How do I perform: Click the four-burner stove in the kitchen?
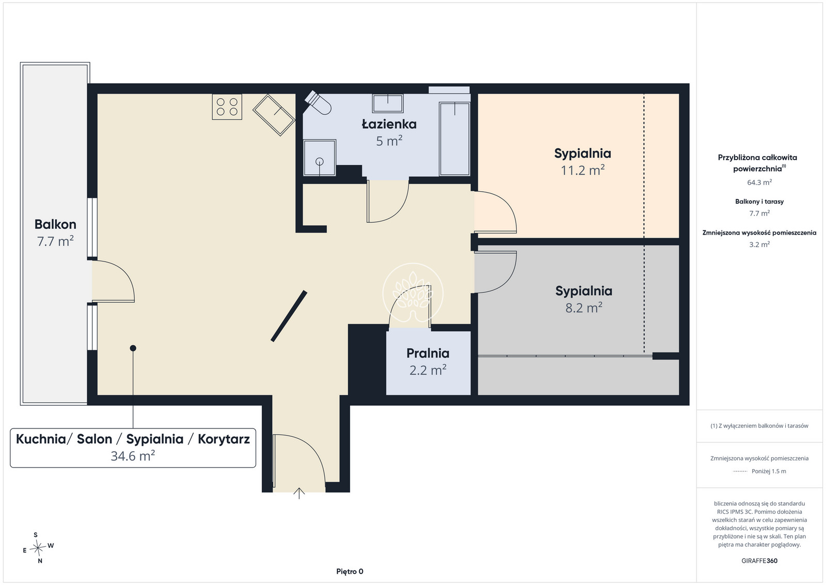tap(227, 106)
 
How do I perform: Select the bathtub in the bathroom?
tap(454, 139)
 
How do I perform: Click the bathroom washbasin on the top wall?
tap(388, 103)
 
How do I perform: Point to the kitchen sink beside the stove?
tap(274, 115)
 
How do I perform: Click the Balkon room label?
tap(55, 224)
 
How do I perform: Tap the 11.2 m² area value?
tap(583, 170)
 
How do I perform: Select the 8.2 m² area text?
tap(584, 307)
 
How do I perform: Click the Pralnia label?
tap(428, 353)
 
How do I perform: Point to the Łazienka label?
tap(389, 124)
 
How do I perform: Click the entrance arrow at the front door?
tap(299, 494)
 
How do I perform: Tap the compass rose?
tap(38, 548)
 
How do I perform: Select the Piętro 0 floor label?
tap(350, 572)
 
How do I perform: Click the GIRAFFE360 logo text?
tap(759, 561)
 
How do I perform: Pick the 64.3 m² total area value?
tap(759, 182)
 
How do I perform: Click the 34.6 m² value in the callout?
tap(133, 456)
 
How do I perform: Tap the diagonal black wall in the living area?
tap(289, 316)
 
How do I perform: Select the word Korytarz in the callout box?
tap(224, 439)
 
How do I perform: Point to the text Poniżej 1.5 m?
tap(769, 471)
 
